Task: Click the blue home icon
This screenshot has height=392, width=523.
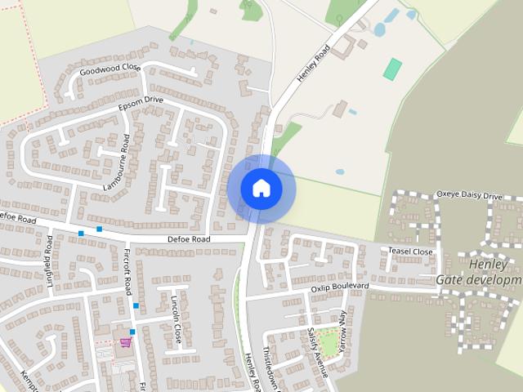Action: point(261,189)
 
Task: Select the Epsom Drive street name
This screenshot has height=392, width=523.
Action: point(141,105)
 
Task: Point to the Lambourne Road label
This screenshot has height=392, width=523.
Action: point(116,163)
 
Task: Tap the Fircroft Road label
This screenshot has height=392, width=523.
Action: point(127,273)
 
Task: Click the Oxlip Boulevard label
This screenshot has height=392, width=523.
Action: point(339,287)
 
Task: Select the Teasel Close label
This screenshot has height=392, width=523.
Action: point(410,252)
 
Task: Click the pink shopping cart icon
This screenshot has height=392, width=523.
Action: point(125,344)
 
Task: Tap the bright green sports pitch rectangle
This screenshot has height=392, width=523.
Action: point(393,69)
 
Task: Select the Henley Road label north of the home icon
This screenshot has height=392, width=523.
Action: point(312,62)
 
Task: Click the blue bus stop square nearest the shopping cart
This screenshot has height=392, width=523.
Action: point(132,332)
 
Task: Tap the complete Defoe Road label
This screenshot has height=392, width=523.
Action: point(189,239)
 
